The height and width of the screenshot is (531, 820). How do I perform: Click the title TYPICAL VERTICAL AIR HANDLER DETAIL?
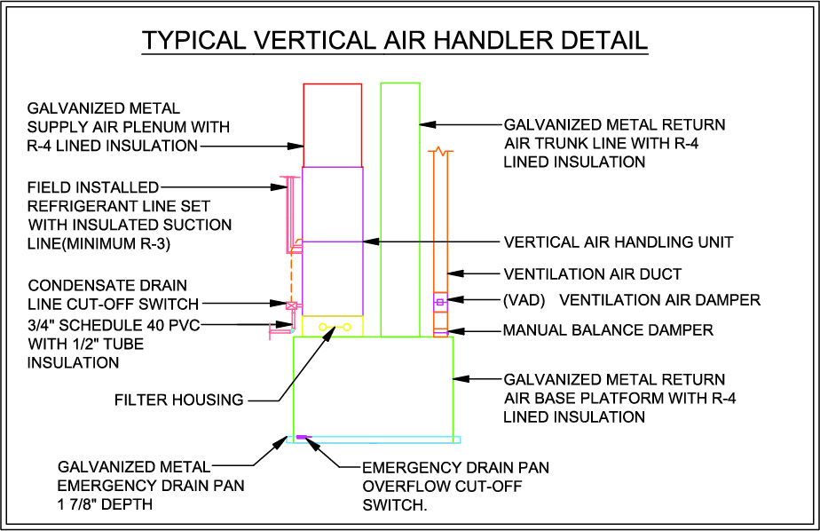(x=395, y=40)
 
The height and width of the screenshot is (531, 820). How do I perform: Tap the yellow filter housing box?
(x=333, y=316)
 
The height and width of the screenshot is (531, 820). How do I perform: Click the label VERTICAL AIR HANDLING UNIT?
(x=619, y=242)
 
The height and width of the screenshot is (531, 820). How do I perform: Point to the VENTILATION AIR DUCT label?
(x=593, y=273)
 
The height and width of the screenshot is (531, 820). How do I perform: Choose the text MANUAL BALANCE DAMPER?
(x=608, y=330)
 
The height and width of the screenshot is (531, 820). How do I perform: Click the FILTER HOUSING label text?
(x=179, y=400)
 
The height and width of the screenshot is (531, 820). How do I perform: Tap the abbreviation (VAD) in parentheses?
(x=524, y=300)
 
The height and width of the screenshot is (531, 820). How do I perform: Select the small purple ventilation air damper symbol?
(x=440, y=302)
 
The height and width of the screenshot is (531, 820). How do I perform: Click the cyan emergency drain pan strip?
(x=374, y=440)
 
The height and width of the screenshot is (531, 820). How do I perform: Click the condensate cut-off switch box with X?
(x=291, y=305)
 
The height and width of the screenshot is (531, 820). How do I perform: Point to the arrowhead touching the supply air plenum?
(x=296, y=146)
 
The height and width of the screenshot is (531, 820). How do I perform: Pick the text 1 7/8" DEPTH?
(x=105, y=504)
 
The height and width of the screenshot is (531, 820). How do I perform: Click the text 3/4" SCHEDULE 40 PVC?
(x=114, y=325)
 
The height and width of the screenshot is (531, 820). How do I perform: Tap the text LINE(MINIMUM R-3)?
(x=99, y=244)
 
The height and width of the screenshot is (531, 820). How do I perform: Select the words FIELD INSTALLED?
(x=93, y=187)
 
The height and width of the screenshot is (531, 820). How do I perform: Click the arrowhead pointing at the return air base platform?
(x=461, y=378)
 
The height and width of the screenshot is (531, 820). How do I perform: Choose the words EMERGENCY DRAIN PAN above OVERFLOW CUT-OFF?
(x=455, y=467)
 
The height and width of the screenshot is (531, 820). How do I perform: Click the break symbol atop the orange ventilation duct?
(x=441, y=151)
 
